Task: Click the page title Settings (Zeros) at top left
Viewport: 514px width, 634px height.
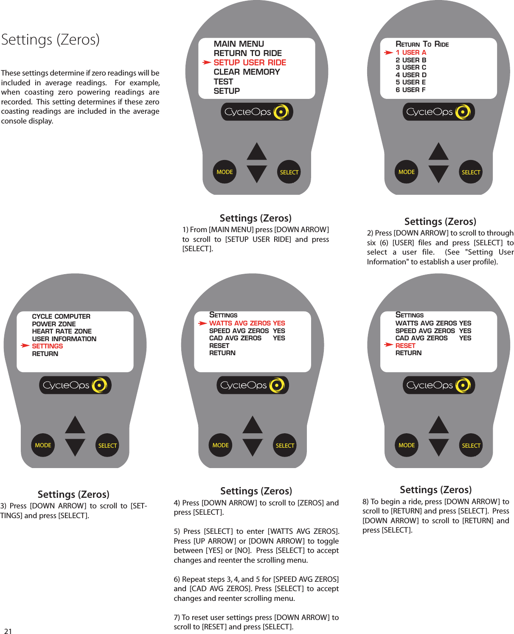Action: [50, 39]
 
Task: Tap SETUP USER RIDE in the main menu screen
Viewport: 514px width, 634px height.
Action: [250, 62]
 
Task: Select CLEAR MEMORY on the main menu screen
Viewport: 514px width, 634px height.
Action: [247, 72]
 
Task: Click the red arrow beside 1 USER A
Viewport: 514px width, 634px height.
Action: [388, 53]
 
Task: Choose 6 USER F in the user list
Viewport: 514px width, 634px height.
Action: [410, 90]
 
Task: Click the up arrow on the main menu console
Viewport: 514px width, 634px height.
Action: [257, 151]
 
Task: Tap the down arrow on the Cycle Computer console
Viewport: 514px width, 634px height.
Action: [75, 447]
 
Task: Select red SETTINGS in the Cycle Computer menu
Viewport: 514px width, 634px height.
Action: [48, 346]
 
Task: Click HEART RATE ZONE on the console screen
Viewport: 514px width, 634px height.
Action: [62, 331]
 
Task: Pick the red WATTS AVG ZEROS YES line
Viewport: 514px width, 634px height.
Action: [247, 323]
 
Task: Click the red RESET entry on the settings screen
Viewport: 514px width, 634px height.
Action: [405, 346]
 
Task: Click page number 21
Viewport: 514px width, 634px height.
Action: [8, 631]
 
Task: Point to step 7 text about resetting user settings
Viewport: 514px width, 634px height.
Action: [256, 622]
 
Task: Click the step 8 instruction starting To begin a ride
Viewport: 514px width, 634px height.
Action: [435, 516]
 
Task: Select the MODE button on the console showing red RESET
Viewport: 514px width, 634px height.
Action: [407, 445]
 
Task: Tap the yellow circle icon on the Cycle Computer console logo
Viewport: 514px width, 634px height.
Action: [99, 385]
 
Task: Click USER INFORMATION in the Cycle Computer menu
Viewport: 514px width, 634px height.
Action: [64, 339]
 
